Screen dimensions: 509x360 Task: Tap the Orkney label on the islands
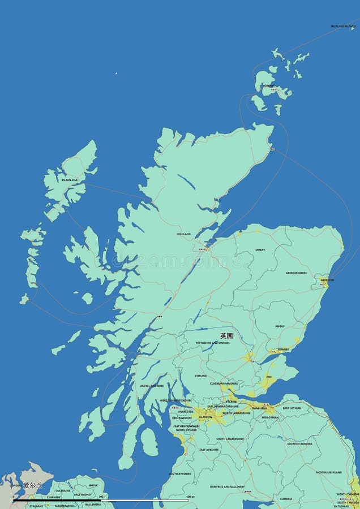(269, 86)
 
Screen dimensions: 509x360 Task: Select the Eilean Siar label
(70, 180)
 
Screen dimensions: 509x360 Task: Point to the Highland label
(183, 234)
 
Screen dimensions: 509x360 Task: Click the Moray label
(260, 249)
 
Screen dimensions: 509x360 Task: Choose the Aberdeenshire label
(296, 273)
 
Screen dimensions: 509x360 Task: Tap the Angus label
(280, 326)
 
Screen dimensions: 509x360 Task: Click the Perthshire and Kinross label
(213, 343)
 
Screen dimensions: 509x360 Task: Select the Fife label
(268, 377)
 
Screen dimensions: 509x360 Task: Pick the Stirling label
(200, 376)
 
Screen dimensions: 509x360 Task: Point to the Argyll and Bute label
(152, 386)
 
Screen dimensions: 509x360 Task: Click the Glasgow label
(205, 417)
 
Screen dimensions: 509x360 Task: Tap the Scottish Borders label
(299, 443)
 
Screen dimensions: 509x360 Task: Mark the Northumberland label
(328, 472)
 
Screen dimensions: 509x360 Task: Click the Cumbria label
(286, 499)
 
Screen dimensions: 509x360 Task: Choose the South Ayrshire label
(180, 473)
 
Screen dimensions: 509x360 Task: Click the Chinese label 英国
(226, 335)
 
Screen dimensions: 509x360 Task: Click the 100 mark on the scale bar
(101, 497)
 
